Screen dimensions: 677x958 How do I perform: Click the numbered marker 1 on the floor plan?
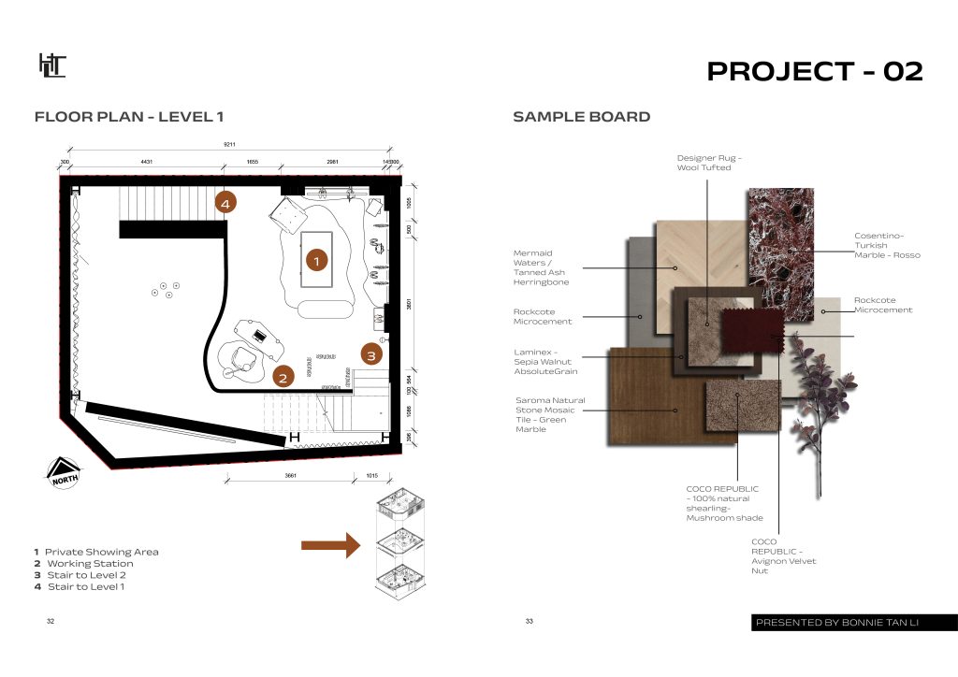316,261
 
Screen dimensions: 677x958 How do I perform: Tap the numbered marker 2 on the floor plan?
283,378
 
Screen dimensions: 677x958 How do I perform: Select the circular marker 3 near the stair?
370,354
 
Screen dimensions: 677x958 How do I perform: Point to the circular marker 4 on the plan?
225,201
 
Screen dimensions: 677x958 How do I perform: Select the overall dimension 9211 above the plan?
228,145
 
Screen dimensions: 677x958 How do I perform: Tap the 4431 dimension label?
146,163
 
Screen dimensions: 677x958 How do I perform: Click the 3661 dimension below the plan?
290,475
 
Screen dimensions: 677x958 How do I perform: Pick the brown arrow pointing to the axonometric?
330,545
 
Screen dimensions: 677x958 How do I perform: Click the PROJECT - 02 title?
814,71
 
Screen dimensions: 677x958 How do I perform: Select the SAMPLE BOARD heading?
581,118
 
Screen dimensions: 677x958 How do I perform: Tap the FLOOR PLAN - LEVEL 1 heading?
128,118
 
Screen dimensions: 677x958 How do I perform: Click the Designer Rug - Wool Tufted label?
709,163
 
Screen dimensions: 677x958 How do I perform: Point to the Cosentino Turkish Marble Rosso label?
887,245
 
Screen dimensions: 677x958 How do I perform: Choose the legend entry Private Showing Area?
96,552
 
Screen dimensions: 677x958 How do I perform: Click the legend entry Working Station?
84,564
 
